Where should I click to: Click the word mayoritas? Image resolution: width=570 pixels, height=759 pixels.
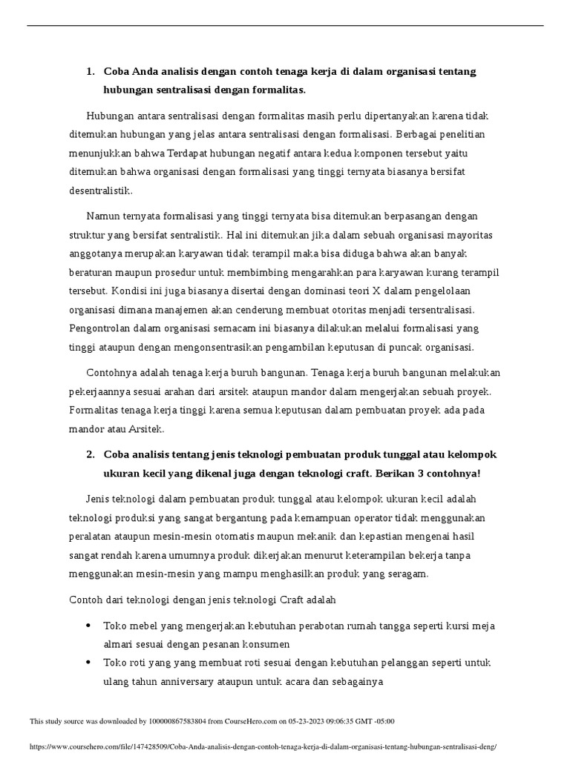coord(467,235)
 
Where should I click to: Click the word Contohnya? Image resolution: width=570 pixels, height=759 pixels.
coord(111,372)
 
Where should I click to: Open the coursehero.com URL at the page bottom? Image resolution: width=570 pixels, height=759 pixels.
coord(263,748)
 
